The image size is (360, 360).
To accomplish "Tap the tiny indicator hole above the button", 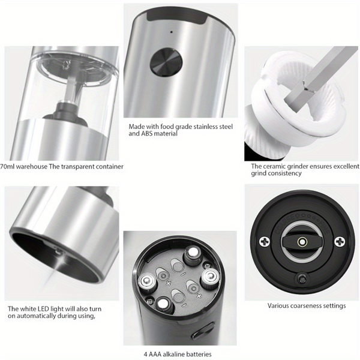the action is [x=171, y=32].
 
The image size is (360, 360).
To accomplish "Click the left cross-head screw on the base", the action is [x=265, y=242].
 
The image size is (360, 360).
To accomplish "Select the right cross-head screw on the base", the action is [x=340, y=242].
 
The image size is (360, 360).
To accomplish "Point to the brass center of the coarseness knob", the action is [x=302, y=242].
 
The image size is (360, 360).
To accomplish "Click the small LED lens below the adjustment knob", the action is [x=302, y=278].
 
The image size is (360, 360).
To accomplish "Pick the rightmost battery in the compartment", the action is [x=210, y=277].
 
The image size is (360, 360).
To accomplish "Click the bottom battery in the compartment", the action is [x=165, y=305].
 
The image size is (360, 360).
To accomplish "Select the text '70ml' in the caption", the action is [x=7, y=166].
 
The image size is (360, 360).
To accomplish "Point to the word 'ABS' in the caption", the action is [x=147, y=134].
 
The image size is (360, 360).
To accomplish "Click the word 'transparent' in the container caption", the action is [x=77, y=167].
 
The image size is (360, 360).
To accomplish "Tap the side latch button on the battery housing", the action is [x=203, y=331].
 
